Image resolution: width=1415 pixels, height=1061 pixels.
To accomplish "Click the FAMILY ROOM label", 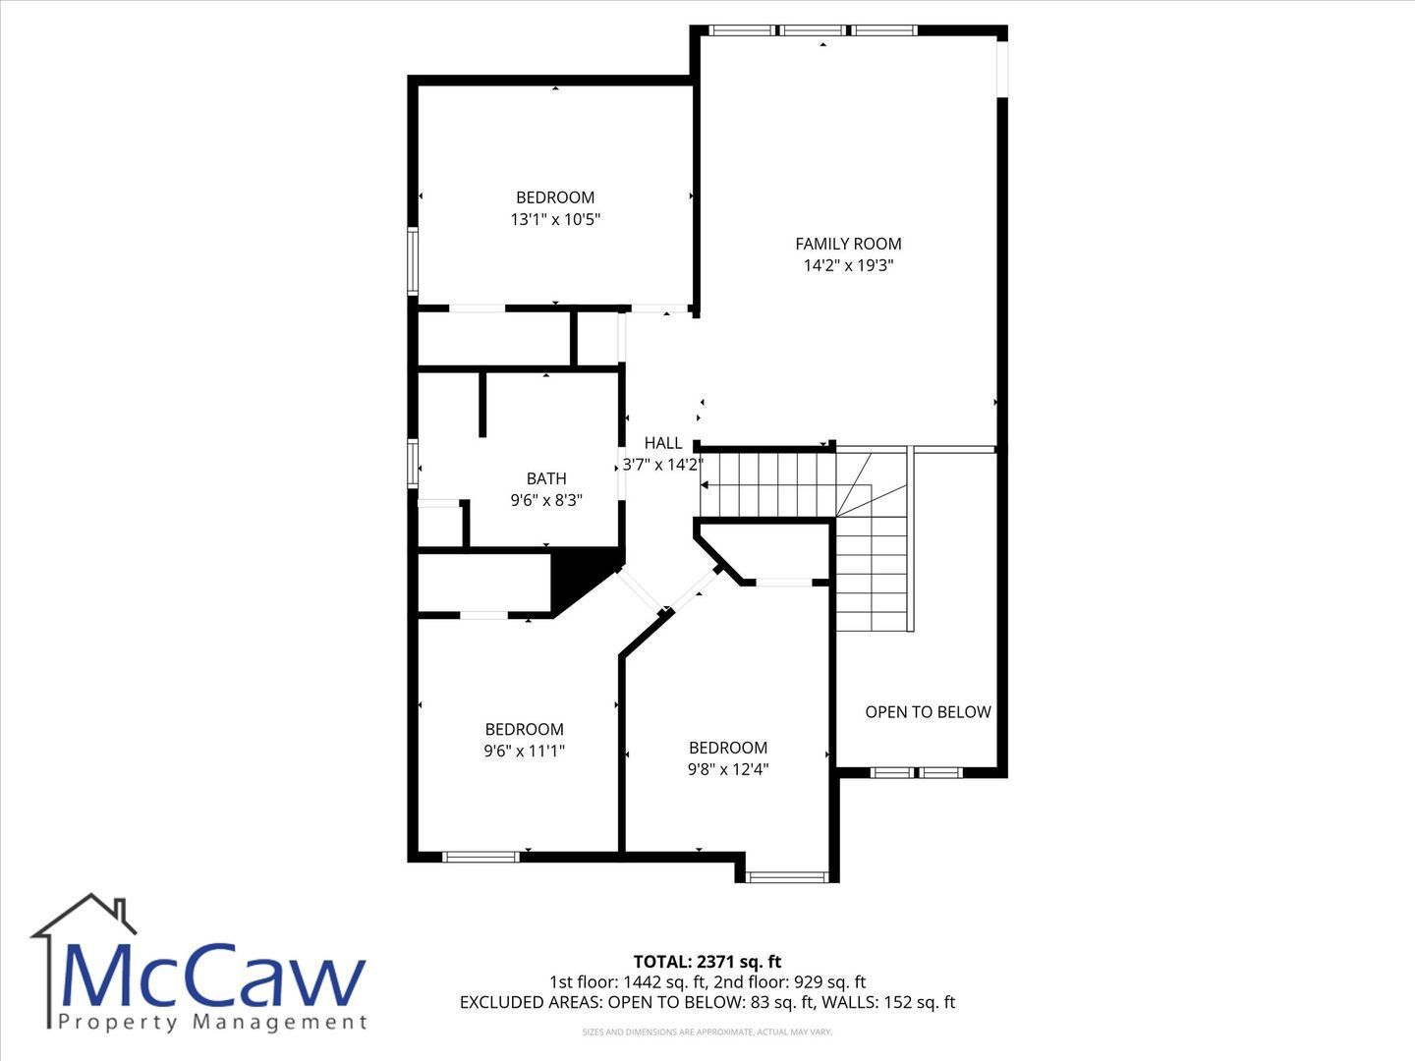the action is coord(848,244).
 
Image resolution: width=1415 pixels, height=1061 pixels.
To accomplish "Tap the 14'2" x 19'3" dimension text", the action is coord(848,265).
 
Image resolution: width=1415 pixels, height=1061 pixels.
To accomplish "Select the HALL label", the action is coord(662,443).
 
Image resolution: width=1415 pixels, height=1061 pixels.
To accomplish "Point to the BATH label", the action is coord(546,478).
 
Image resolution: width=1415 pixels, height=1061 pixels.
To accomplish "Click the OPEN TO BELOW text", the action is coord(928,712).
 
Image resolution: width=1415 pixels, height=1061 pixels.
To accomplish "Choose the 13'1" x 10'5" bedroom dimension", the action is coord(555,220).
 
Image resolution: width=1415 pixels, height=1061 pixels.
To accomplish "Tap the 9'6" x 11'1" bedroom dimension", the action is coord(524,752).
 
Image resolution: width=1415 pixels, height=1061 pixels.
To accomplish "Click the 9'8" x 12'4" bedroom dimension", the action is coord(728,769).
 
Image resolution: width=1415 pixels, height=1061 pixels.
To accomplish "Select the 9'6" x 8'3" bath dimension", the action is coord(546,501).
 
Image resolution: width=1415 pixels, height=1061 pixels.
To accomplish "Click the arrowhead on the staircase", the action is coord(704,485).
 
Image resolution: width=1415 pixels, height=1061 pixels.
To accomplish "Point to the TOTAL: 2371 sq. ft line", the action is coord(707,962).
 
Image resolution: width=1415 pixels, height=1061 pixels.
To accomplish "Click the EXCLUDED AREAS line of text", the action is coord(707,1002).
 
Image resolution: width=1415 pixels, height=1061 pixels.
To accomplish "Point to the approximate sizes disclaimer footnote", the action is coord(707,1032).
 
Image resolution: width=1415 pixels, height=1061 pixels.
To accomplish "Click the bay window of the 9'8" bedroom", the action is coord(786,876).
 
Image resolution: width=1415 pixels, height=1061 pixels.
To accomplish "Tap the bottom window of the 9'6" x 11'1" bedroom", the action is coord(481,857).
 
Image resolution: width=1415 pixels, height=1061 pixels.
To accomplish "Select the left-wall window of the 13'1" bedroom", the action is coord(413,261).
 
